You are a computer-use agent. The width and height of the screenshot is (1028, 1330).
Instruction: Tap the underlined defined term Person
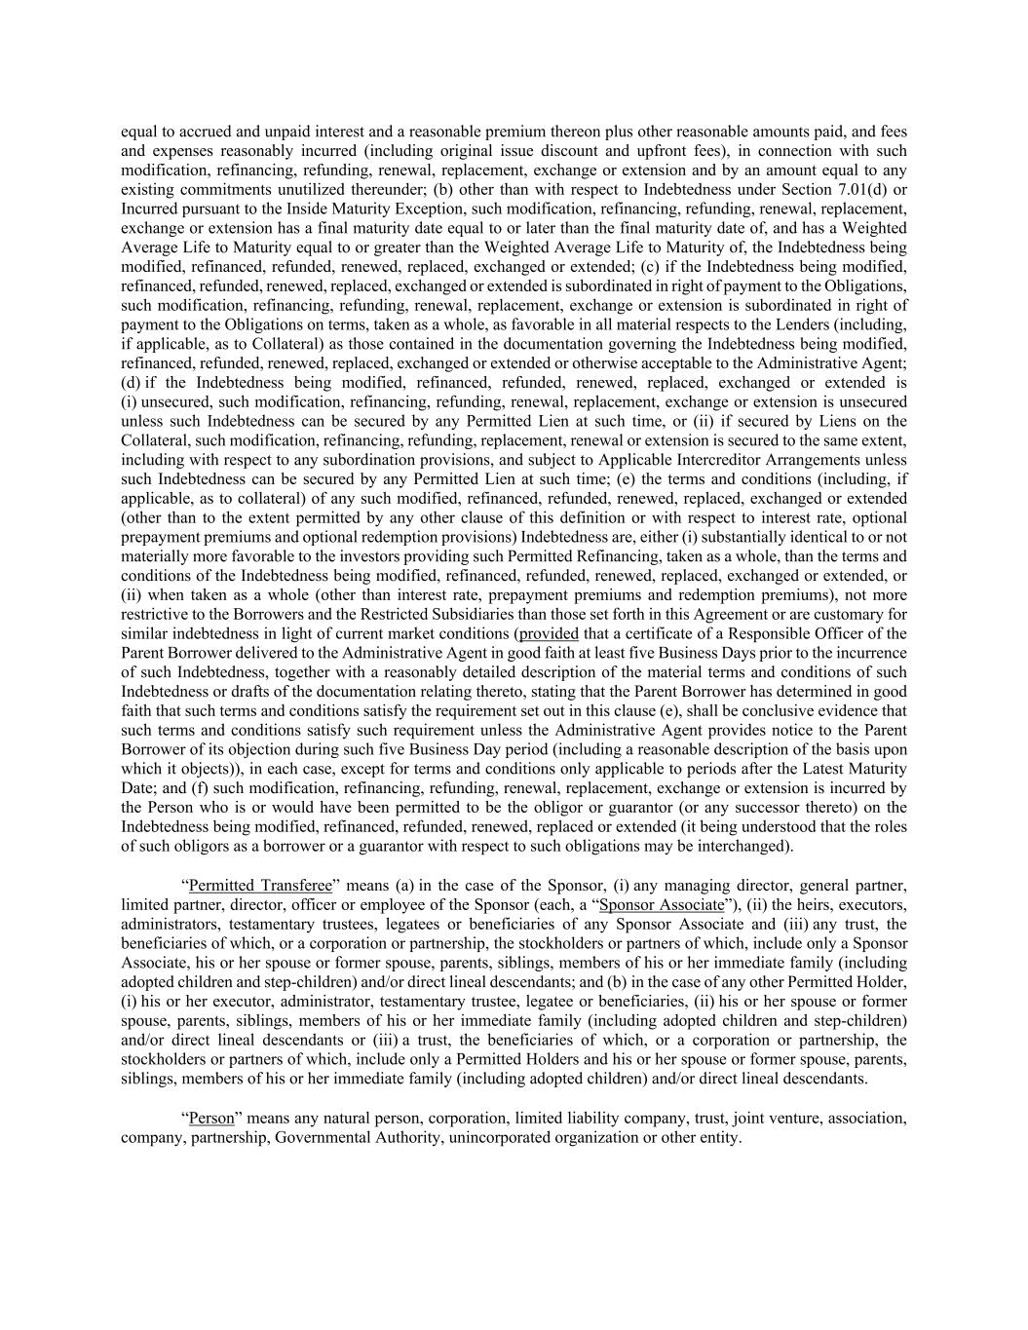click(x=211, y=1118)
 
